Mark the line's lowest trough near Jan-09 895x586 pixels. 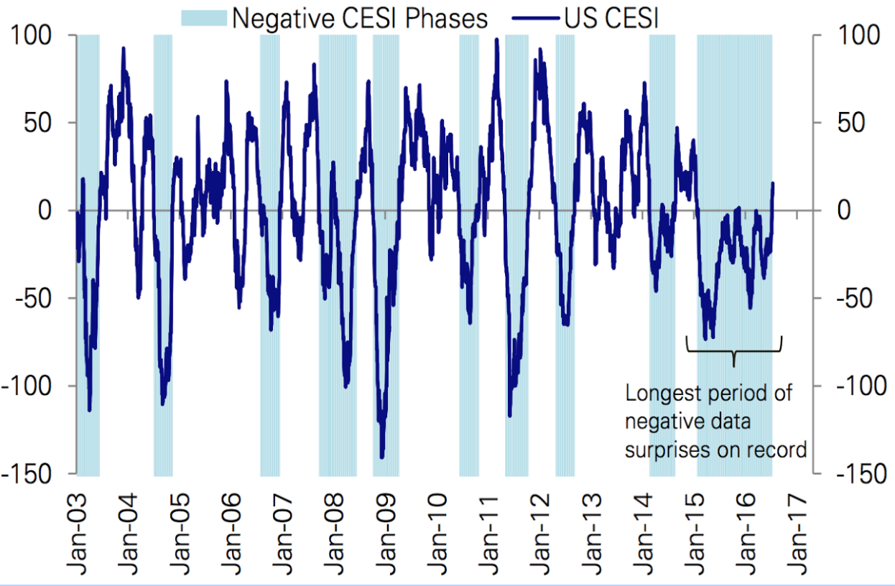tap(382, 457)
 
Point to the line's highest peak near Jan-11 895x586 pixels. tap(496, 39)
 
